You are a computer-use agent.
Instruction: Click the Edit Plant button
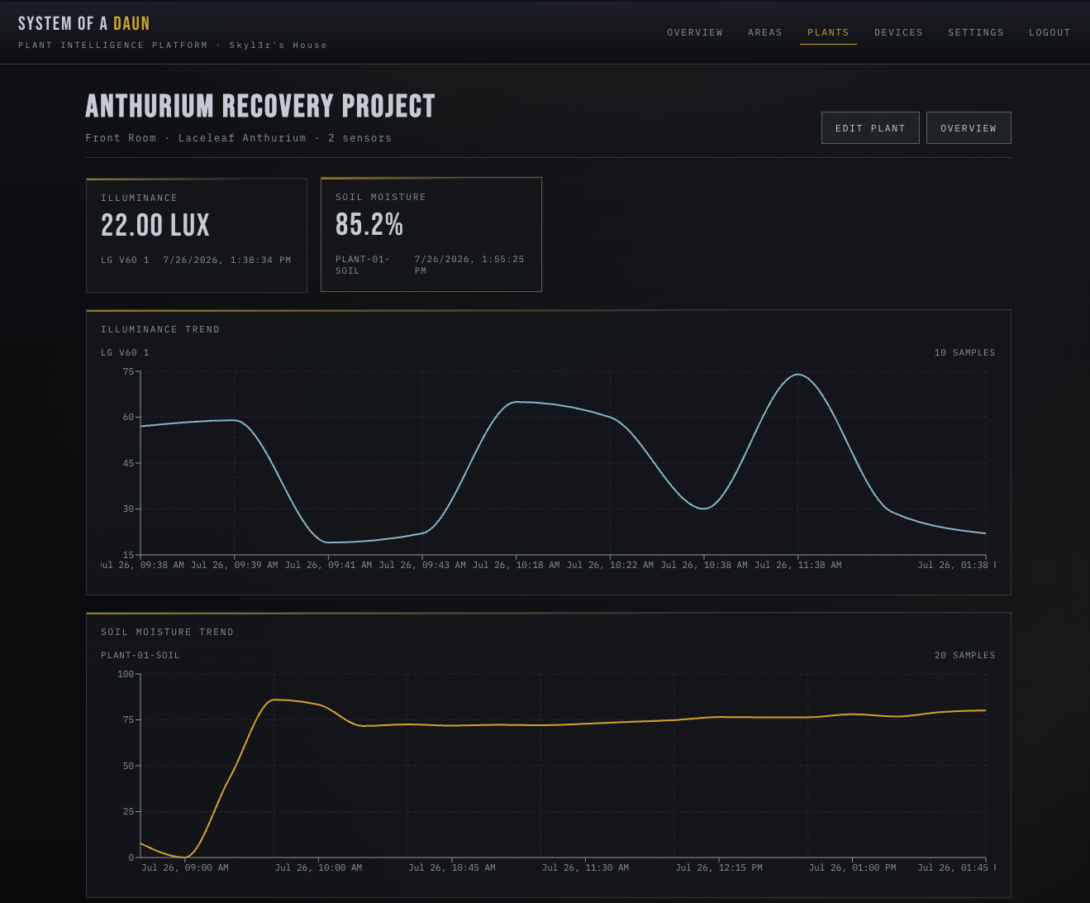pos(870,128)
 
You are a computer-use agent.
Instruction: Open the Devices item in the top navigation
pos(898,32)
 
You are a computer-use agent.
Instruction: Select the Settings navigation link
pos(976,32)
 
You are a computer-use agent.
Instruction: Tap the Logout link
pos(1050,32)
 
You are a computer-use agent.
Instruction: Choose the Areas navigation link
pos(764,32)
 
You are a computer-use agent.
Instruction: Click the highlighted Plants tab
pos(828,32)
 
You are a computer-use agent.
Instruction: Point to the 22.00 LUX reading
pos(155,226)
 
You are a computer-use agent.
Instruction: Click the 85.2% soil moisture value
pos(369,225)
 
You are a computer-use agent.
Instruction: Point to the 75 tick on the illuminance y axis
pos(128,371)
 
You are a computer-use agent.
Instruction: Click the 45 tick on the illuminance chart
pos(128,463)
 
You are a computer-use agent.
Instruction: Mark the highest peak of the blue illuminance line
pos(797,375)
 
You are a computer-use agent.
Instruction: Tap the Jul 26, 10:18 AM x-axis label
pos(516,565)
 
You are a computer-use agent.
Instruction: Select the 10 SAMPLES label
pos(964,352)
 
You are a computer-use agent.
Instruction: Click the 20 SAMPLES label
pos(964,655)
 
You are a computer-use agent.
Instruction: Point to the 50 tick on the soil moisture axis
pos(128,766)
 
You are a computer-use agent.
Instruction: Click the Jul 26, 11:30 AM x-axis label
pos(585,867)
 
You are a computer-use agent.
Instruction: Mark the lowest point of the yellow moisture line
pos(185,857)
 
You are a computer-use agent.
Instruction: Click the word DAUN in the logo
pos(131,23)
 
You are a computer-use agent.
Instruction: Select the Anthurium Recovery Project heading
pos(260,106)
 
